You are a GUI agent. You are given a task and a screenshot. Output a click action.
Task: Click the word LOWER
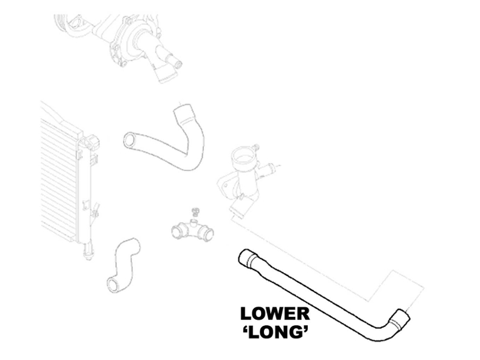click(275, 314)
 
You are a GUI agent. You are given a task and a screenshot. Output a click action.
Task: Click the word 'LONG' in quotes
click(275, 332)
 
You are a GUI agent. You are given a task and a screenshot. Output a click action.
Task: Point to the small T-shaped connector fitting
click(193, 230)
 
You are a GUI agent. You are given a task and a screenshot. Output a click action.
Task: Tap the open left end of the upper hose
click(130, 140)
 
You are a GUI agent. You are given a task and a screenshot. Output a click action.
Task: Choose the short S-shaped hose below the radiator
click(122, 265)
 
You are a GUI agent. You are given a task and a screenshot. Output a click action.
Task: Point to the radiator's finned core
click(58, 178)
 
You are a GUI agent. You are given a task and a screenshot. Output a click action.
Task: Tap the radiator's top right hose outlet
click(92, 142)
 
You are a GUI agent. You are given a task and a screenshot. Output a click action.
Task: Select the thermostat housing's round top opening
click(243, 156)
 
